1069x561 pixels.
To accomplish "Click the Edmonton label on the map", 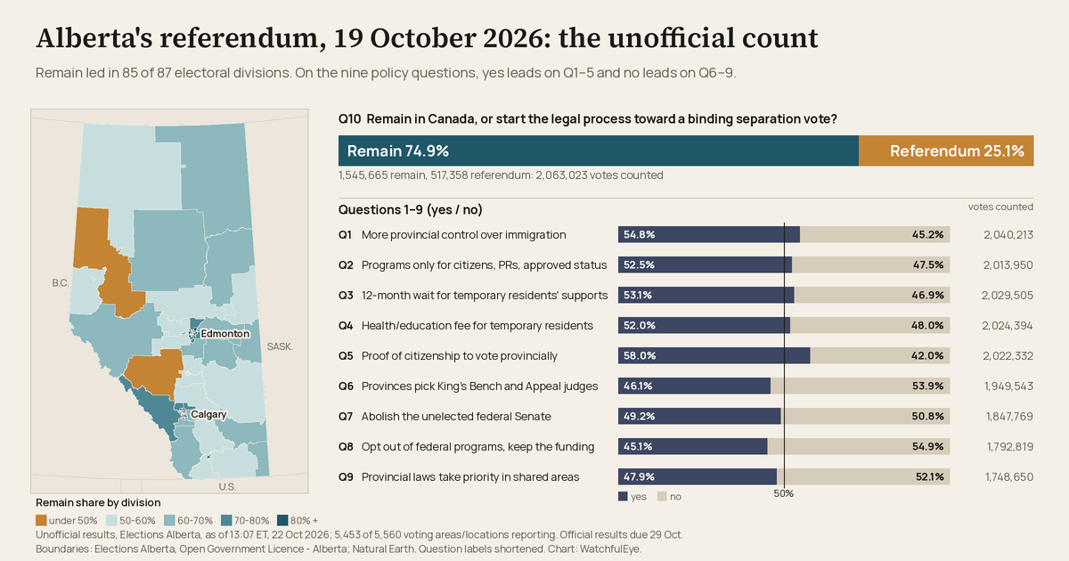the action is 224,333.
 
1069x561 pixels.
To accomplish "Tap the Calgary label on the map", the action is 208,414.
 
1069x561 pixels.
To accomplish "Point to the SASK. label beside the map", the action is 280,346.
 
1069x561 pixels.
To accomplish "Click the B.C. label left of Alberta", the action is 61,283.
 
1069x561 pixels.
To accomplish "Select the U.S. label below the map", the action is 227,486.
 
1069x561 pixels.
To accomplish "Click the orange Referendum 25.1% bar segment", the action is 946,150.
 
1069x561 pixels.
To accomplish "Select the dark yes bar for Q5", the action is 714,355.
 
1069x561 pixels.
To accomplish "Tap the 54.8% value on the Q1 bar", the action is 639,235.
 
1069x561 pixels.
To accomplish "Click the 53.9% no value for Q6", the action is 927,386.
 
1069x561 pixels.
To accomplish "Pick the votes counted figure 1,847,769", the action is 1009,417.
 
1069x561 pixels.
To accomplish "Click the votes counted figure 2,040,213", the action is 1008,235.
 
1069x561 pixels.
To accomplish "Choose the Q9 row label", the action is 346,477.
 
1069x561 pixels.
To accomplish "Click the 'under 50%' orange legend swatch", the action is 41,520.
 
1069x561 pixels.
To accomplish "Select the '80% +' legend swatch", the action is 282,520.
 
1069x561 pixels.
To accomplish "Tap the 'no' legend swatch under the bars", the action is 662,497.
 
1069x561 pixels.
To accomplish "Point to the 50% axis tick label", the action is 784,493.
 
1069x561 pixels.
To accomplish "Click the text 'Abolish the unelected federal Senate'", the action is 456,417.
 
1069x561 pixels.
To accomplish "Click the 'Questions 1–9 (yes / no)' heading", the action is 411,210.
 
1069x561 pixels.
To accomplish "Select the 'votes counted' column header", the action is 1000,207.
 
